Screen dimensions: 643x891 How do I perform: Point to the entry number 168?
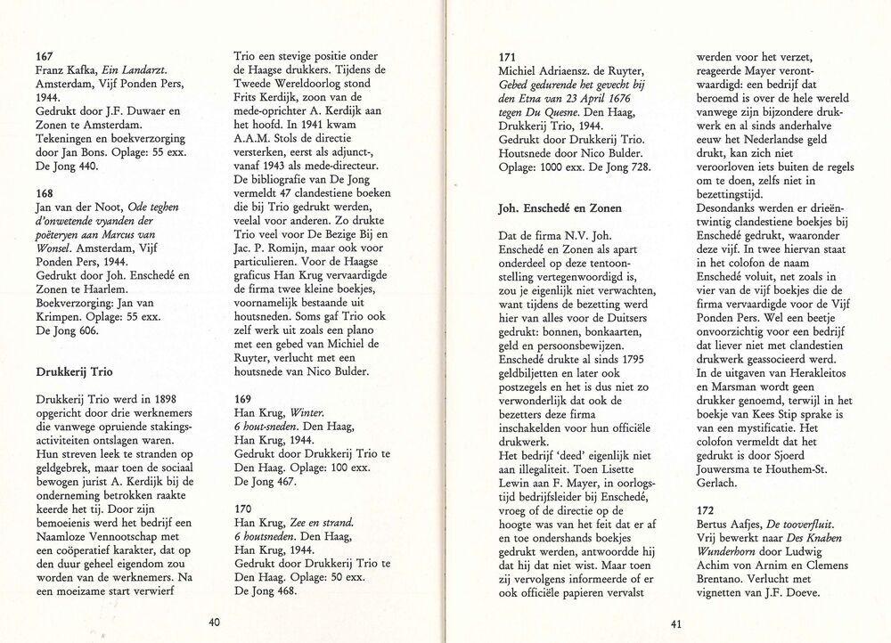(x=43, y=191)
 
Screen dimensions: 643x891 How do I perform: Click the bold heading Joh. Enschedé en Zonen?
(x=563, y=207)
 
